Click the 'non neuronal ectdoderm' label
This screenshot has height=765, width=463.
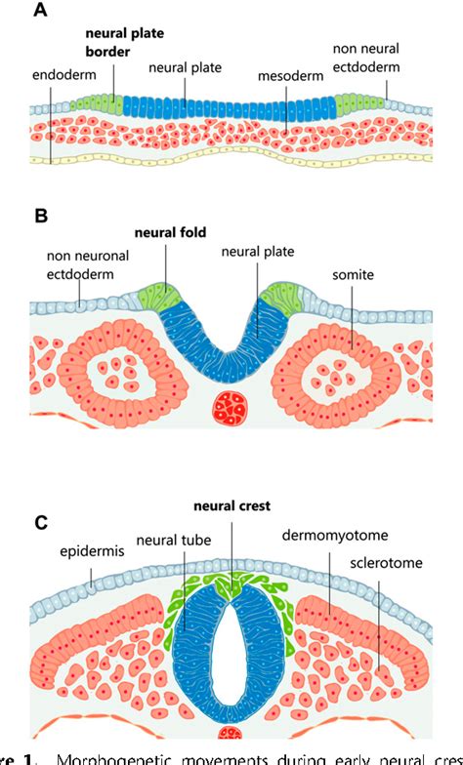tap(81, 265)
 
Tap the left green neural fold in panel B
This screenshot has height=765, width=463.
tap(159, 296)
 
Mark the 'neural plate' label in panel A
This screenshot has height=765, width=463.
tap(186, 67)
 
